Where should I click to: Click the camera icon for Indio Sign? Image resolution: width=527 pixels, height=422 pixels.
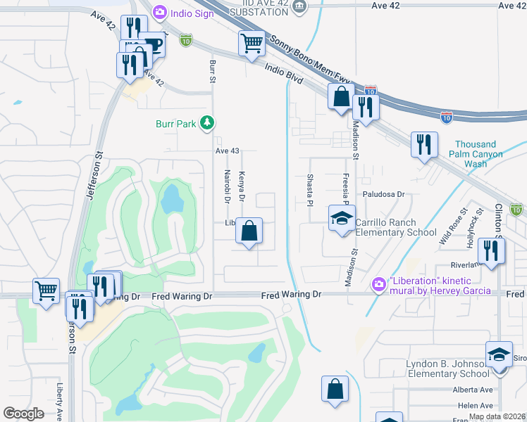coord(160,11)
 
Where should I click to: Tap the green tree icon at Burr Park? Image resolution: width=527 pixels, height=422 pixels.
coord(206,124)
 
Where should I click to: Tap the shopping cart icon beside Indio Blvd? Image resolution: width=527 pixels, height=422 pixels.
coord(252,44)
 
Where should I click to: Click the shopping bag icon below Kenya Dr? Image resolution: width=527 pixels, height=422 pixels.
coord(249,231)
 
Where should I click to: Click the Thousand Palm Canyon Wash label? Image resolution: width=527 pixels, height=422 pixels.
coord(479,154)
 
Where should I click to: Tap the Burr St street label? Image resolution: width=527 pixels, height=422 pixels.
coord(212,71)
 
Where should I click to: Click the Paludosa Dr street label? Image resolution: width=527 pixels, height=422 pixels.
coord(385,194)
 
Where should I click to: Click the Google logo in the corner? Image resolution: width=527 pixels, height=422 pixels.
coord(23,414)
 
